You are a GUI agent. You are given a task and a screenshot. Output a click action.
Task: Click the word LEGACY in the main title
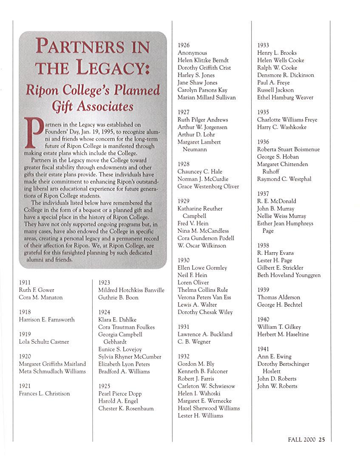[111, 67]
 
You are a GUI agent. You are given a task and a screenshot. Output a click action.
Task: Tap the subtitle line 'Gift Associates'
[93, 106]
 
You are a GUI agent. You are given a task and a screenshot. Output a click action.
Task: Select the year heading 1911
[25, 282]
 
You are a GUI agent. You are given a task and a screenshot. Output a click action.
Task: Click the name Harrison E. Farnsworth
[47, 319]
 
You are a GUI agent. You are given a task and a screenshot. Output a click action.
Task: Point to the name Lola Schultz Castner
[44, 342]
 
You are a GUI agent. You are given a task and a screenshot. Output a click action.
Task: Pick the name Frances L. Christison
[45, 393]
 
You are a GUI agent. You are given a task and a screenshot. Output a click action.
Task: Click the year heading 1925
[104, 386]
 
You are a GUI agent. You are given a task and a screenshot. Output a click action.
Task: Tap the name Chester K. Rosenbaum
[126, 408]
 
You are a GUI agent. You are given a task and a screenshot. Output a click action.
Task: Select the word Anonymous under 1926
[193, 53]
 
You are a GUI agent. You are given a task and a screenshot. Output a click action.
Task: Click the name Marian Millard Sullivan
[207, 97]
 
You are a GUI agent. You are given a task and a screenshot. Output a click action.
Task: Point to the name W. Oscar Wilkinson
[202, 246]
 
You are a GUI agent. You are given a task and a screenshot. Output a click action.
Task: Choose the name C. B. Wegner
[194, 342]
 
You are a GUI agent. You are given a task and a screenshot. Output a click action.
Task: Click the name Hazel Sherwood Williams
[209, 408]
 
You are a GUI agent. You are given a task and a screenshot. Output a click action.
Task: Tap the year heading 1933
[263, 45]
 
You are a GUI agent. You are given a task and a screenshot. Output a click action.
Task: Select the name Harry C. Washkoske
[282, 127]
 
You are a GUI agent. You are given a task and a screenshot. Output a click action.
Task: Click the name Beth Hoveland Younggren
[289, 275]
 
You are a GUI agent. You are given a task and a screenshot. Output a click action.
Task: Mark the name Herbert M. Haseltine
[283, 334]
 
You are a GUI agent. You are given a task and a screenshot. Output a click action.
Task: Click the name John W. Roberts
[277, 386]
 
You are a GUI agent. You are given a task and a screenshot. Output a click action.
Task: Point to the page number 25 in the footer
[322, 440]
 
